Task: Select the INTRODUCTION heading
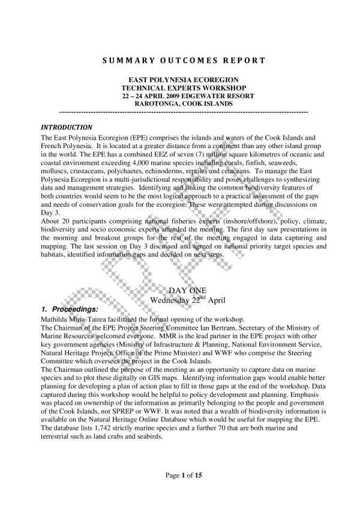point(66,128)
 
